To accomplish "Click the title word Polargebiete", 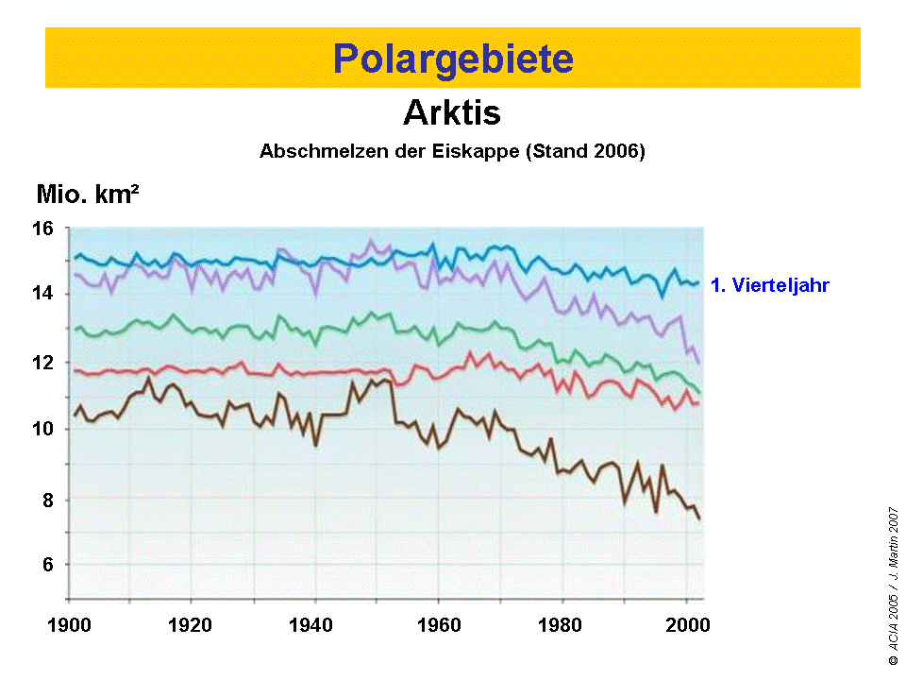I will pos(453,59).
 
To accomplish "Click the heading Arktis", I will pos(451,113).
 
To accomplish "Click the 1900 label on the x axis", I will pos(69,624).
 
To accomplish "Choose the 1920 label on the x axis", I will pos(192,624).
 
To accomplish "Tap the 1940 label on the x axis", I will pos(315,624).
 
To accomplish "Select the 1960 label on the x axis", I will pos(439,624).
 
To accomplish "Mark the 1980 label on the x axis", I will pos(562,624).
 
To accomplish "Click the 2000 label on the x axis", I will pos(685,624).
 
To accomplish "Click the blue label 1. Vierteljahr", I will pos(769,284).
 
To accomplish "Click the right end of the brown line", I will pos(699,518).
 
